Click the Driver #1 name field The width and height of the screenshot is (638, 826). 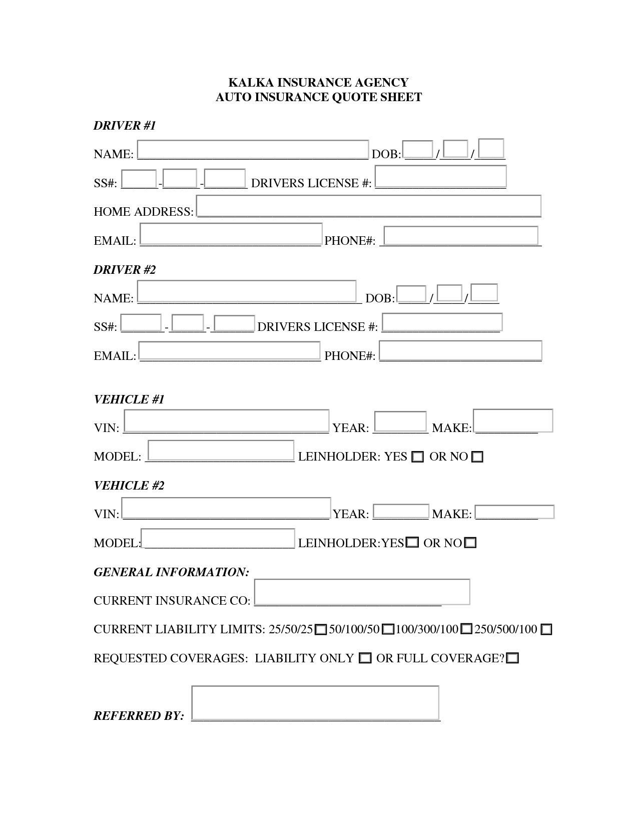(x=253, y=149)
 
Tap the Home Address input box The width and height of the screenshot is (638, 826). (x=369, y=206)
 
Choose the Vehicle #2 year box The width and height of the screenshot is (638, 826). (x=401, y=511)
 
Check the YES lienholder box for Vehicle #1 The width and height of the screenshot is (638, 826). (x=417, y=457)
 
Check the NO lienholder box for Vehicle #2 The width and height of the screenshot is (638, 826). (x=470, y=543)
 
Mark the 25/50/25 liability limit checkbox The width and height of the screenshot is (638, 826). (x=321, y=630)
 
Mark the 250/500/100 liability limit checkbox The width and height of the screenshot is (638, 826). (x=546, y=630)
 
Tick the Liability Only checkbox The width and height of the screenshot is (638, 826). (x=366, y=658)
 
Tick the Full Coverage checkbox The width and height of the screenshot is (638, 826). (x=512, y=658)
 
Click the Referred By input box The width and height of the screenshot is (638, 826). (x=315, y=703)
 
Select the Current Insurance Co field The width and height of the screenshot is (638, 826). (x=362, y=592)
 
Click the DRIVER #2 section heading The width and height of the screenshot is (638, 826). (x=125, y=270)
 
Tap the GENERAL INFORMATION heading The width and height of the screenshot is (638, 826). (x=171, y=572)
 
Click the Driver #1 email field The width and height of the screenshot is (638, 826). (x=231, y=234)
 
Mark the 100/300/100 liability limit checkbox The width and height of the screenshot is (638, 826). (x=466, y=629)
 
